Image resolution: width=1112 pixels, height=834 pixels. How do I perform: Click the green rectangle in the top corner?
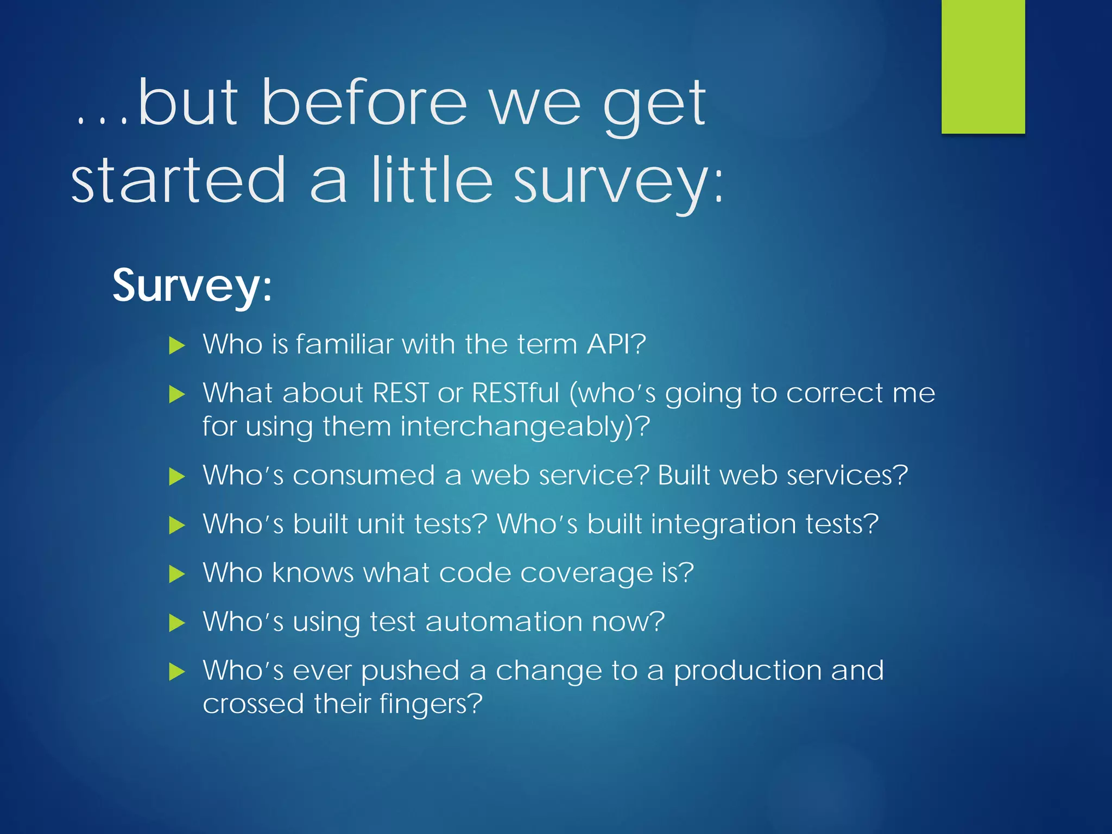pyautogui.click(x=983, y=66)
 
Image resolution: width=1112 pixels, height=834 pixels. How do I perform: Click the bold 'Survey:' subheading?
pyautogui.click(x=192, y=286)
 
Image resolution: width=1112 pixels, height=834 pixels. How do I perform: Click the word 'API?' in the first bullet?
pyautogui.click(x=616, y=344)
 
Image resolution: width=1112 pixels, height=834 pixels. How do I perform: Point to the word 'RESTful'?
pyautogui.click(x=515, y=393)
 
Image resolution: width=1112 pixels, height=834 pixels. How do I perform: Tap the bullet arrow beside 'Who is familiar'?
pyautogui.click(x=177, y=345)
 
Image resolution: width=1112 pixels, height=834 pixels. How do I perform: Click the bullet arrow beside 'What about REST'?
pyautogui.click(x=177, y=394)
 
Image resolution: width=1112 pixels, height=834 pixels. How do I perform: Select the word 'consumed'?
pyautogui.click(x=364, y=475)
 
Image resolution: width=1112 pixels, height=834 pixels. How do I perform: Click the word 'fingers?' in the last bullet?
pyautogui.click(x=431, y=704)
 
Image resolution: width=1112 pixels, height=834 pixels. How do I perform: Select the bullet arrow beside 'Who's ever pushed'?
pyautogui.click(x=177, y=672)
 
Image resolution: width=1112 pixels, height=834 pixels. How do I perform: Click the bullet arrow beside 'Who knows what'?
pyautogui.click(x=177, y=574)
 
